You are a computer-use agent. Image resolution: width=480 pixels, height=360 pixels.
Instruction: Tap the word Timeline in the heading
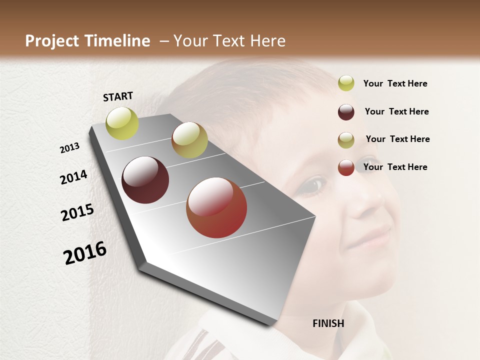117,41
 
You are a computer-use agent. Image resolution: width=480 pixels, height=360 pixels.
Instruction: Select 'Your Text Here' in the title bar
229,41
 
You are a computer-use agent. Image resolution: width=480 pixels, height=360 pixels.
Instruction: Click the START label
118,96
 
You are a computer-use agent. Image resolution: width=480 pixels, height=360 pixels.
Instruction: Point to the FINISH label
328,323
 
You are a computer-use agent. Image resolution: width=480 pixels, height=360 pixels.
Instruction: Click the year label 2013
69,148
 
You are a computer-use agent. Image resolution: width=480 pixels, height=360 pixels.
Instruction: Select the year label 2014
73,177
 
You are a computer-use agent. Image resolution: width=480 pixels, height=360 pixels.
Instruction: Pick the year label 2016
85,253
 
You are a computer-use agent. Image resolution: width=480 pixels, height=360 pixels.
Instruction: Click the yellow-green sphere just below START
122,123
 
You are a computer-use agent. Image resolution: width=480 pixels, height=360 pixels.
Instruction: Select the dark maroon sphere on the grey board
145,180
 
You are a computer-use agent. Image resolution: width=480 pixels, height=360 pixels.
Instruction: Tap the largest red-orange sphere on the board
216,207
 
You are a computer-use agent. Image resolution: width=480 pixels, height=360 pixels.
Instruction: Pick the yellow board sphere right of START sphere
189,140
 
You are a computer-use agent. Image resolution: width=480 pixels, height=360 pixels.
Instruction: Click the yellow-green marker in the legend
346,83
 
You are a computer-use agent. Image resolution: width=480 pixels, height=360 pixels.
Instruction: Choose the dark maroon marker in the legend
346,112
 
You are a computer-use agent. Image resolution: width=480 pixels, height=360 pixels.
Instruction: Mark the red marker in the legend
346,167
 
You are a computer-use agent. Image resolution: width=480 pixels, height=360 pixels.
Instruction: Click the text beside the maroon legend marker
396,111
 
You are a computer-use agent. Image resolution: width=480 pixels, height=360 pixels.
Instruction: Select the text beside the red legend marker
395,167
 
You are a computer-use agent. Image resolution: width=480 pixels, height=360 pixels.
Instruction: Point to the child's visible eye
312,185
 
